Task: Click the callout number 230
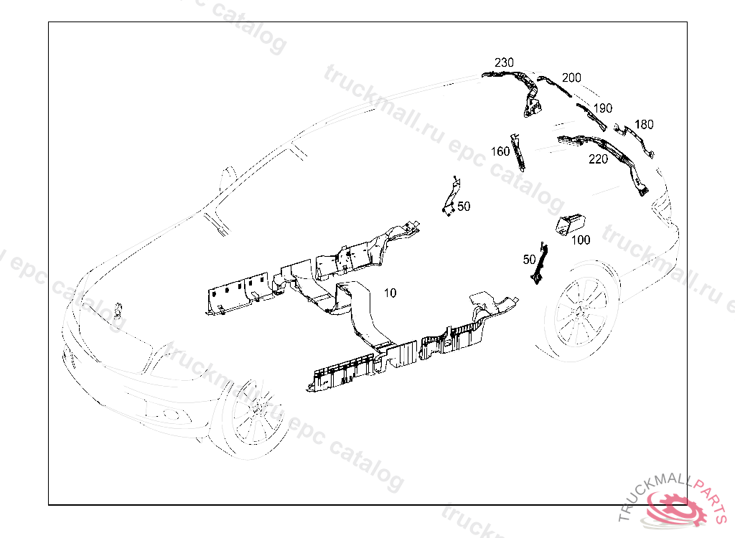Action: pyautogui.click(x=504, y=63)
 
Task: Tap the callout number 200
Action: pyautogui.click(x=571, y=77)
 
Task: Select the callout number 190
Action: pyautogui.click(x=603, y=108)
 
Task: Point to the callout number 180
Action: pyautogui.click(x=644, y=125)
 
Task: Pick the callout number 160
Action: pyautogui.click(x=500, y=151)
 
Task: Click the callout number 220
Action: pyautogui.click(x=598, y=159)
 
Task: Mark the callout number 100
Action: pyautogui.click(x=581, y=240)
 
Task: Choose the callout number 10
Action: pyautogui.click(x=390, y=293)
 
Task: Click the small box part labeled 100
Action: pyautogui.click(x=571, y=223)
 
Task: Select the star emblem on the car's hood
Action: pyautogui.click(x=118, y=310)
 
